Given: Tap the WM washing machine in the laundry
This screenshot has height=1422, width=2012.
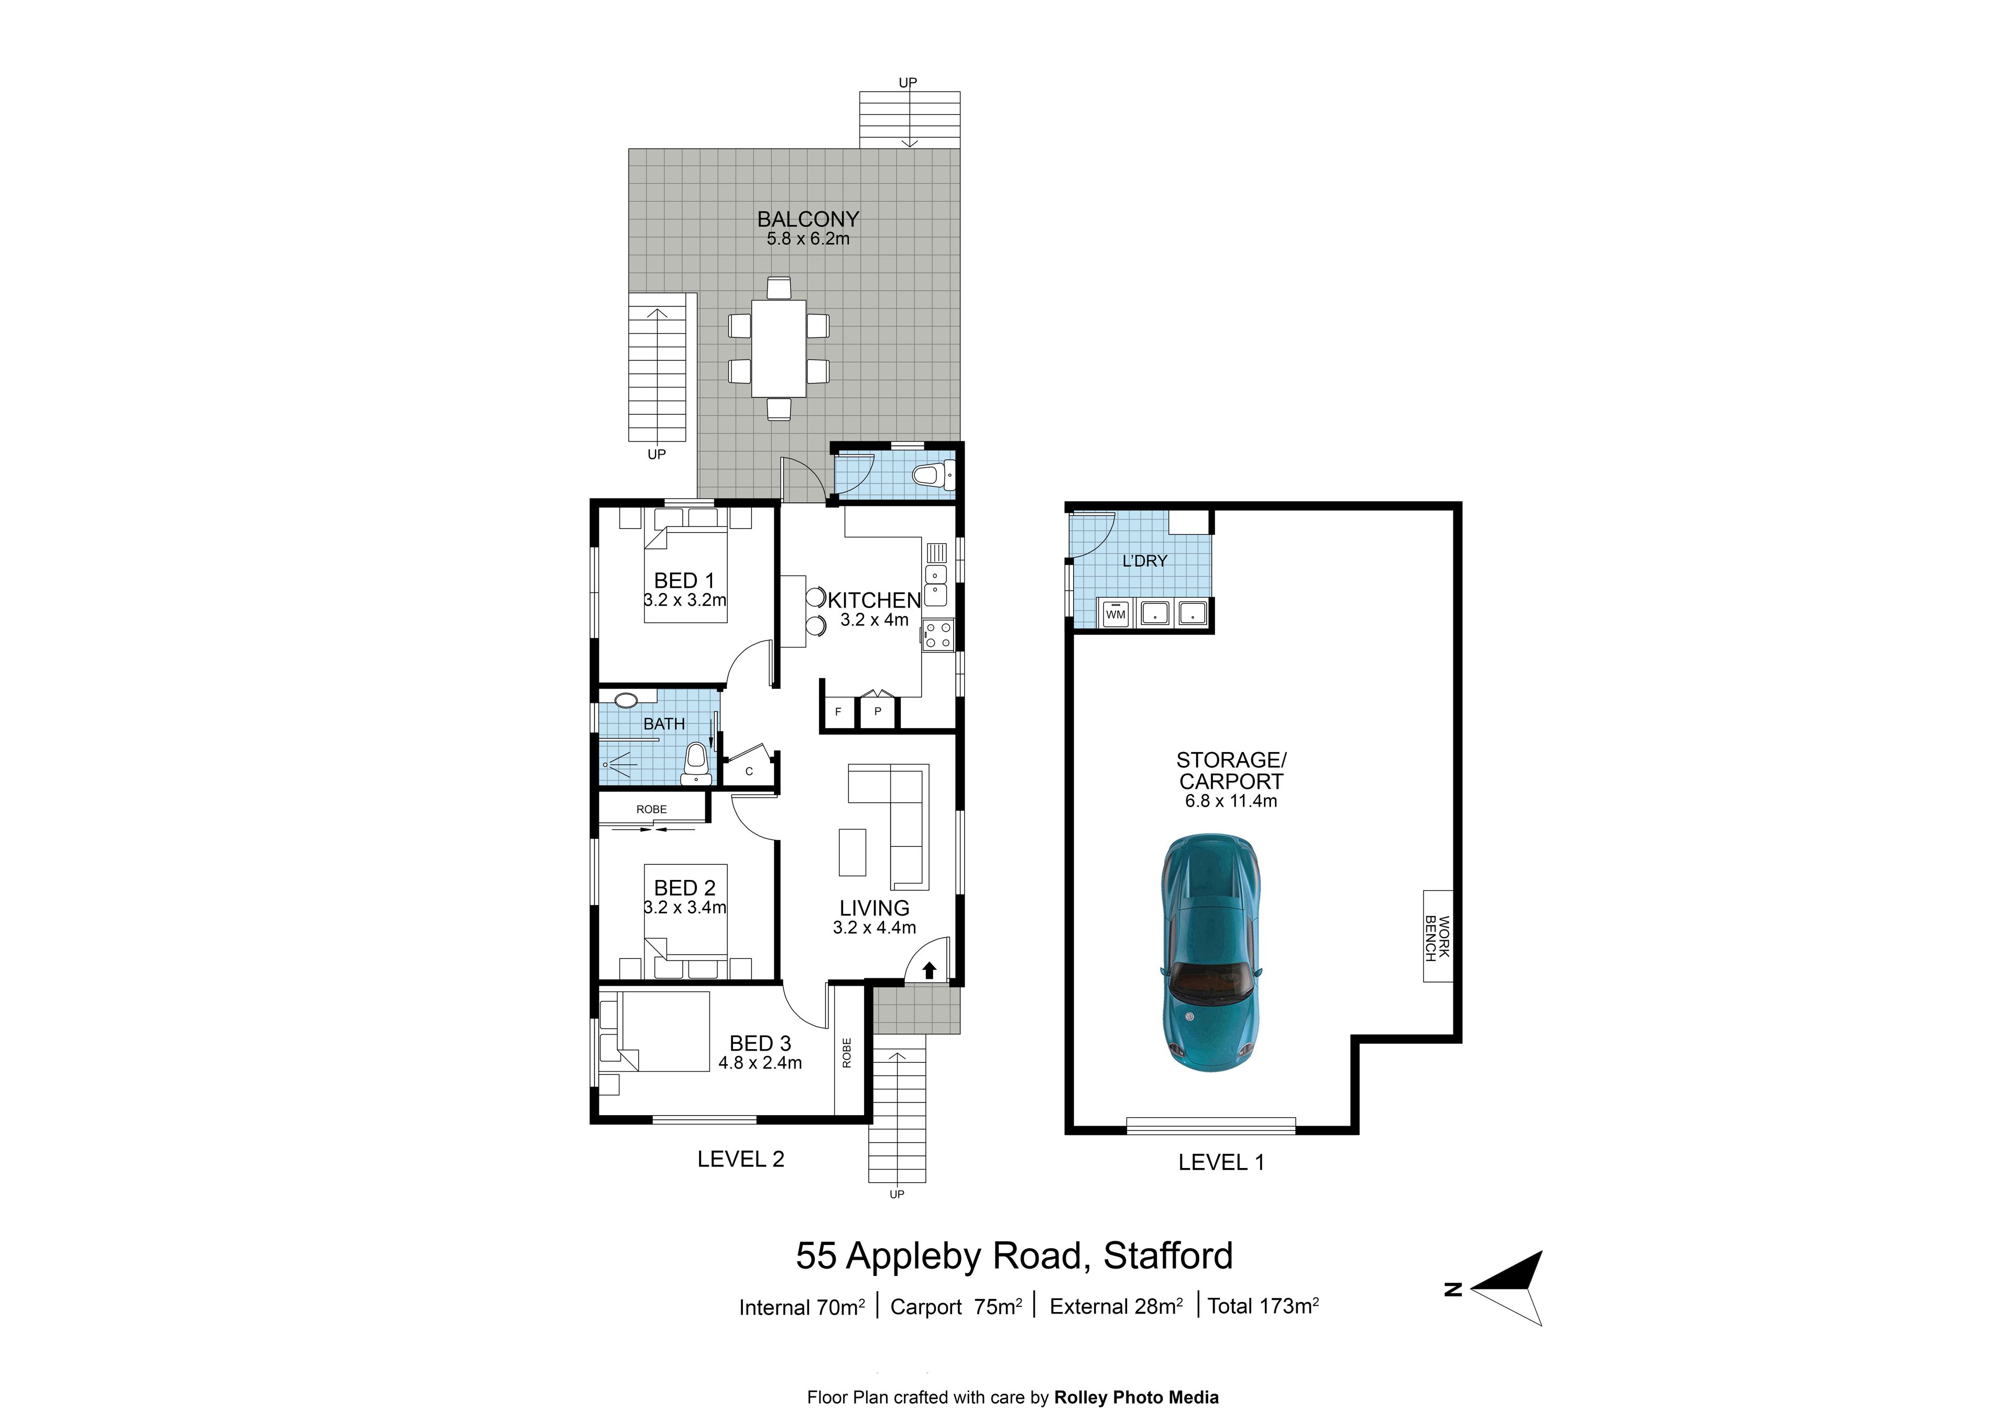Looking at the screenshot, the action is [x=1116, y=614].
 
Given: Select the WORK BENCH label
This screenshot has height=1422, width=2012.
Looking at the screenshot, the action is [x=1437, y=936].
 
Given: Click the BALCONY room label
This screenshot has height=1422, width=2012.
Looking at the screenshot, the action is [x=808, y=219].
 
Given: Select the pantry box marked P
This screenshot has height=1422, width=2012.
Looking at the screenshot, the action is [x=877, y=711].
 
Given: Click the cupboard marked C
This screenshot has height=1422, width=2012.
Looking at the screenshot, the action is [x=749, y=771].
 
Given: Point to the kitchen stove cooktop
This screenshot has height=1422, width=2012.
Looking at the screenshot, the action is [x=938, y=634].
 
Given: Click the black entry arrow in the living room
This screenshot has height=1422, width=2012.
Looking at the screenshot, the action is [x=930, y=970].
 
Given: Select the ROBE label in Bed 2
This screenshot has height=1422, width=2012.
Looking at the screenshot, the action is [x=652, y=809].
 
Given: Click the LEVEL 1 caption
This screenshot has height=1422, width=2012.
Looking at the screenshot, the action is [x=1221, y=1163].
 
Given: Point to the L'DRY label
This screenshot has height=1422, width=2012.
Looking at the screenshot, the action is [x=1144, y=561].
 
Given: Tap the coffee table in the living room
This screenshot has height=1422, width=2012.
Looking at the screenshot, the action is [x=852, y=852].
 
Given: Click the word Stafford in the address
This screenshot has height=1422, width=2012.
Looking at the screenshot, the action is [x=1168, y=1255].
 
